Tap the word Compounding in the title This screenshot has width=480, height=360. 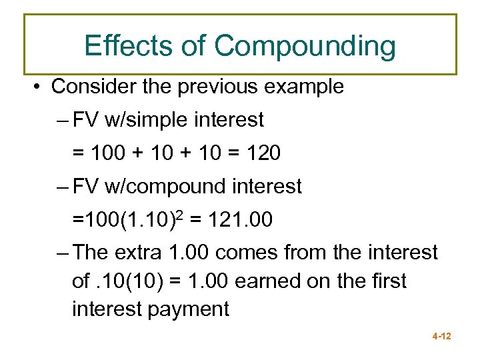click(x=305, y=47)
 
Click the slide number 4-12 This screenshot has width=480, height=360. click(x=441, y=337)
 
